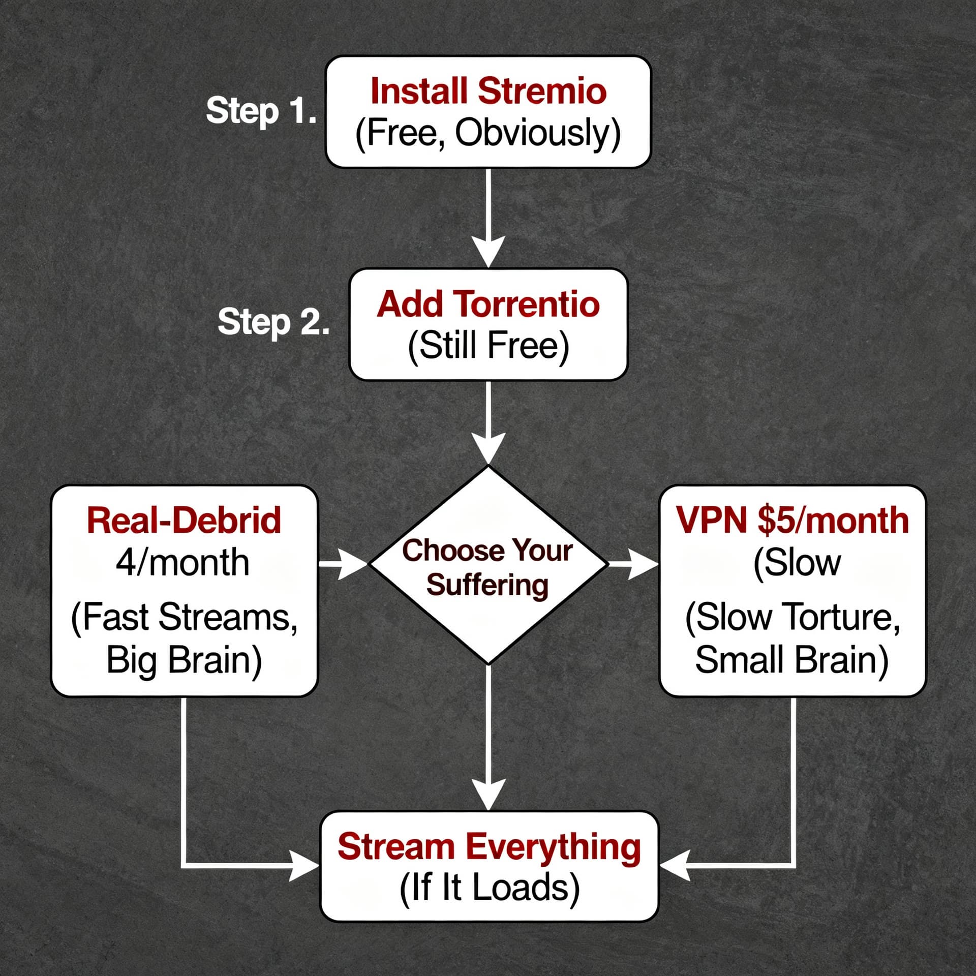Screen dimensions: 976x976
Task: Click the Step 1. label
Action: tap(261, 110)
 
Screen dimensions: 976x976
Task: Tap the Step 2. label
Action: tap(273, 322)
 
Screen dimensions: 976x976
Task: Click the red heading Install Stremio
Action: tap(489, 91)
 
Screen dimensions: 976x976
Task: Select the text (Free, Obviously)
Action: tap(488, 134)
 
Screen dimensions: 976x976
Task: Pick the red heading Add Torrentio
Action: tap(488, 304)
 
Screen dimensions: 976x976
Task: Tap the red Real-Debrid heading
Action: tap(184, 520)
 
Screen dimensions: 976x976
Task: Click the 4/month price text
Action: tap(182, 563)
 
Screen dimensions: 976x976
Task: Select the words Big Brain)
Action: tap(184, 660)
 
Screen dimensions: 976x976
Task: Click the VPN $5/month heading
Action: tap(792, 520)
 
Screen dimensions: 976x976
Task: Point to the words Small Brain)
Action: tap(792, 660)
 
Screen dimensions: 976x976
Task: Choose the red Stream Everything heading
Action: tap(489, 847)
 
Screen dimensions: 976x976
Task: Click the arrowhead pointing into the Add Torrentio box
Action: tap(488, 252)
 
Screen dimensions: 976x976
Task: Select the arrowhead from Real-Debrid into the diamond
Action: tap(353, 564)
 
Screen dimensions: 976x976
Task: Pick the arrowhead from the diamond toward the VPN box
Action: tap(643, 564)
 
